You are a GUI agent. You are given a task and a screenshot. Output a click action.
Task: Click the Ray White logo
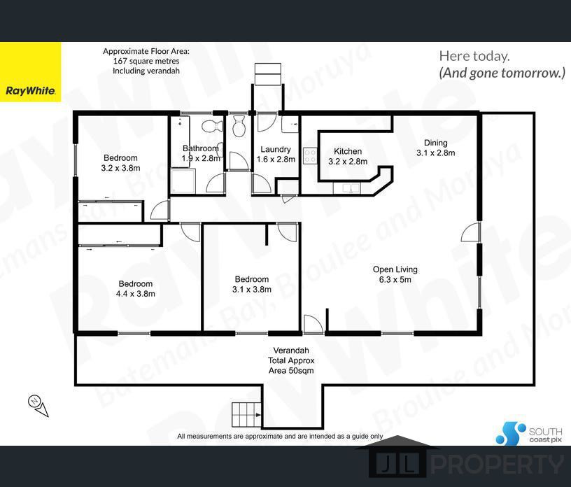(x=31, y=91)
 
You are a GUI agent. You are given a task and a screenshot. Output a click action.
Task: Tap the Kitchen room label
(x=348, y=151)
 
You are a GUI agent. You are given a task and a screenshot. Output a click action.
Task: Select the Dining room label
(x=435, y=143)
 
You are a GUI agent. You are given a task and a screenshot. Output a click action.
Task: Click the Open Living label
(x=395, y=269)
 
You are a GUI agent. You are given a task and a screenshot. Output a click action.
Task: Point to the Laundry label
(x=276, y=149)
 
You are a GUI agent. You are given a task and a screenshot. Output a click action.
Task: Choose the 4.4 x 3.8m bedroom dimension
(x=136, y=294)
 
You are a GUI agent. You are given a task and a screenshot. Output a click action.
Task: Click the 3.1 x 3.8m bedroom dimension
(x=252, y=289)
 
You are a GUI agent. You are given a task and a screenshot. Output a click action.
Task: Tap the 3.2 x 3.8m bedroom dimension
(x=120, y=168)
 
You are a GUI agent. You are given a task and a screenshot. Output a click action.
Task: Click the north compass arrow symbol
(x=38, y=405)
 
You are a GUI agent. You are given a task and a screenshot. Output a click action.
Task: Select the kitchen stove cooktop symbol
(x=310, y=155)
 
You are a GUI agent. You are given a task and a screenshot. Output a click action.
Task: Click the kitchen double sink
(x=346, y=188)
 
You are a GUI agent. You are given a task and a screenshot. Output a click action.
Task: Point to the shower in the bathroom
(x=183, y=181)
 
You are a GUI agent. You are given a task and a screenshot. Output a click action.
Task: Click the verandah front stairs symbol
(x=247, y=415)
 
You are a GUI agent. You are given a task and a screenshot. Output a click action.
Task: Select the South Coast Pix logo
(x=530, y=433)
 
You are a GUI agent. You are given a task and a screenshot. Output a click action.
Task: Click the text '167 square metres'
(x=146, y=61)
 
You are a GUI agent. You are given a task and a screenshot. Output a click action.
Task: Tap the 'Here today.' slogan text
(x=474, y=56)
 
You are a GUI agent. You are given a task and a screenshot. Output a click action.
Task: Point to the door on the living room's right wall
(x=471, y=232)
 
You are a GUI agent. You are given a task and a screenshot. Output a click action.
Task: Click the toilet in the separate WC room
(x=239, y=126)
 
